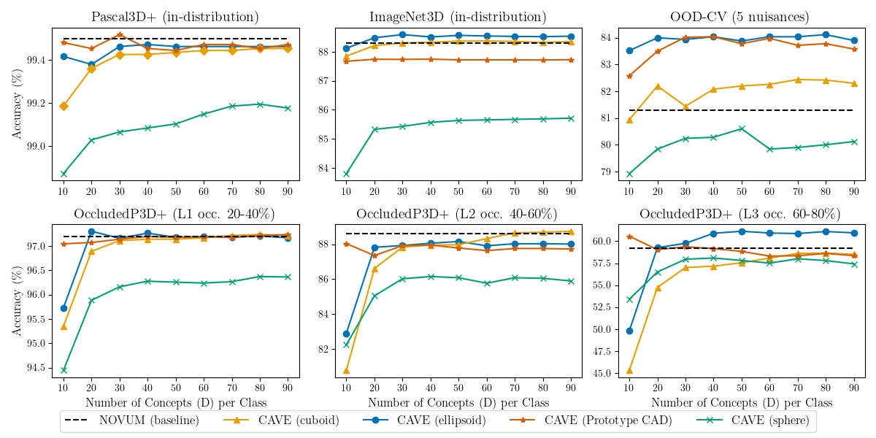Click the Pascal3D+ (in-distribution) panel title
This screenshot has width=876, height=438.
point(175,17)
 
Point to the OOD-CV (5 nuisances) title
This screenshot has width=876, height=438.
point(742,17)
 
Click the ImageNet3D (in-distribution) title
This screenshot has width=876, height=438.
point(458,17)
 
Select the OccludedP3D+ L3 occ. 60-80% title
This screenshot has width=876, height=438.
point(740,215)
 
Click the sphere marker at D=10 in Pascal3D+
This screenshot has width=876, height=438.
point(64,174)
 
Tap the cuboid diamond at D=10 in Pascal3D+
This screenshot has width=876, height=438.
point(64,106)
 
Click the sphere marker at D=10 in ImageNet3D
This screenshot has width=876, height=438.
point(346,174)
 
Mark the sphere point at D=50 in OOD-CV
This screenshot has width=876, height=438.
point(742,128)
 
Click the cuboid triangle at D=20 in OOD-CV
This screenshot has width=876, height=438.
point(658,86)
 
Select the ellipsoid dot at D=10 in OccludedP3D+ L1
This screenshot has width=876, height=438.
point(64,308)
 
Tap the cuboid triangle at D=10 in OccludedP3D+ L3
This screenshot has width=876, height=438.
point(629,370)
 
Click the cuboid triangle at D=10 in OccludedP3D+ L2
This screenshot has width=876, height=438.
point(346,370)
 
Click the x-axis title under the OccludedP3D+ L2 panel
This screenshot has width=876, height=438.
point(458,402)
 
